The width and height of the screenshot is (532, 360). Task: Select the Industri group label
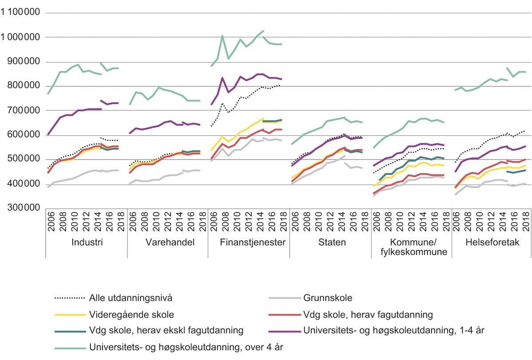tap(86, 243)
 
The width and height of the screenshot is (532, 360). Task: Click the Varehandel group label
tap(168, 243)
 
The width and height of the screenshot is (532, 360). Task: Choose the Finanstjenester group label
tap(249, 243)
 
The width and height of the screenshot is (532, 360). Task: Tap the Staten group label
tap(330, 243)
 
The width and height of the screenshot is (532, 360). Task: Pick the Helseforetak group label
tap(491, 243)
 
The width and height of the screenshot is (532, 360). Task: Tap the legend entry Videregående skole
tap(131, 314)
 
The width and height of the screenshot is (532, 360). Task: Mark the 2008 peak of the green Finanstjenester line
tap(222, 36)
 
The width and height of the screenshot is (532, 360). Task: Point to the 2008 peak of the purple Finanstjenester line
tap(222, 78)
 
